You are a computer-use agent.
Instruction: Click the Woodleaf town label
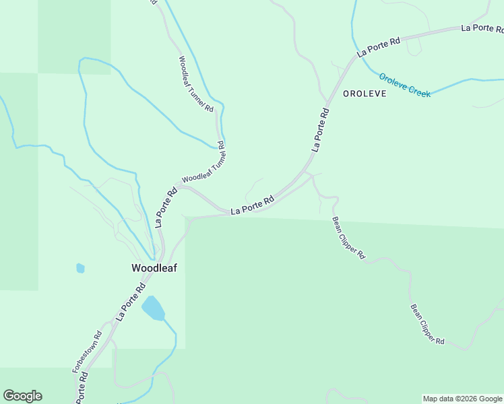click(x=149, y=268)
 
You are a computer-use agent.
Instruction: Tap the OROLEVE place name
click(x=365, y=94)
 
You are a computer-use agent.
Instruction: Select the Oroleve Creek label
click(x=404, y=85)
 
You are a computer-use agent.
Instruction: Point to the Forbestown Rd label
click(x=87, y=351)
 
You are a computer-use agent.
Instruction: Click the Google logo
click(x=22, y=396)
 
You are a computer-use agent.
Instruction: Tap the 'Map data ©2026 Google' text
click(x=463, y=399)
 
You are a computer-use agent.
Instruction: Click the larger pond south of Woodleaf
click(x=153, y=309)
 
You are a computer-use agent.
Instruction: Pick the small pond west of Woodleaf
click(x=81, y=269)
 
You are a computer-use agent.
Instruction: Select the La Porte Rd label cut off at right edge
click(x=482, y=28)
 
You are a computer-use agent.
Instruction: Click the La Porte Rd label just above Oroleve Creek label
click(x=379, y=46)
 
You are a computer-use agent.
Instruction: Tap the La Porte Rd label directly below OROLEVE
click(x=321, y=131)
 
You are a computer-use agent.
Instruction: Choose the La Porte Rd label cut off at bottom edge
click(x=82, y=389)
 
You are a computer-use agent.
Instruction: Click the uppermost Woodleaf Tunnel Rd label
click(x=196, y=83)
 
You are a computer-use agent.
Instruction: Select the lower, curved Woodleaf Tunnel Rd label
click(x=203, y=168)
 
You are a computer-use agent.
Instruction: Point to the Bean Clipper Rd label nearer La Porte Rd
click(x=348, y=238)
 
